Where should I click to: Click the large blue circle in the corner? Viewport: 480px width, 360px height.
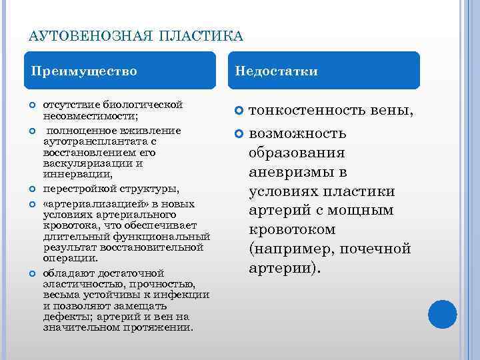click(441, 315)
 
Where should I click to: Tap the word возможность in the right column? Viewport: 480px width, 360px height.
click(297, 133)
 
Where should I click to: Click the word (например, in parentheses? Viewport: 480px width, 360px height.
click(291, 249)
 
